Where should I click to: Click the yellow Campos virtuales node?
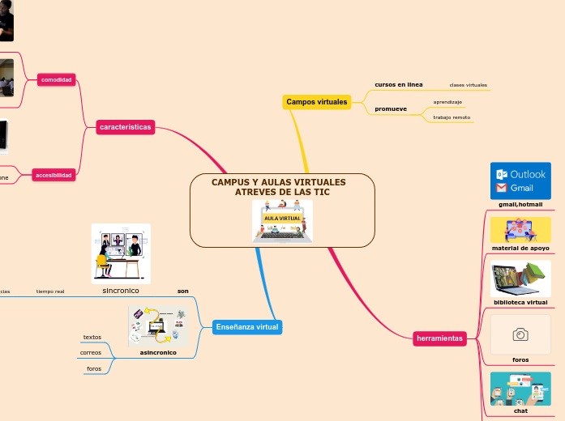pyautogui.click(x=316, y=102)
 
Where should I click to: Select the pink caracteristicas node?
pyautogui.click(x=125, y=127)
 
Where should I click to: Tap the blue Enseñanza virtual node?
pyautogui.click(x=246, y=327)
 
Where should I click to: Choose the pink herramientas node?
pyautogui.click(x=439, y=338)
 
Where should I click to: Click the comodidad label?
pyautogui.click(x=57, y=79)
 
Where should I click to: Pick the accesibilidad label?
pyautogui.click(x=54, y=175)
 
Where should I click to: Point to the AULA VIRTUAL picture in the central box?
pyautogui.click(x=282, y=220)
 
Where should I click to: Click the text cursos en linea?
pyautogui.click(x=398, y=84)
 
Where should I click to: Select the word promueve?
pyautogui.click(x=391, y=108)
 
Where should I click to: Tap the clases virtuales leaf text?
pyautogui.click(x=469, y=85)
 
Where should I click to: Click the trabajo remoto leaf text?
pyautogui.click(x=452, y=117)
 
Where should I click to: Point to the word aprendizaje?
pyautogui.click(x=447, y=102)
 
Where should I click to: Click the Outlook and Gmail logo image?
pyautogui.click(x=520, y=181)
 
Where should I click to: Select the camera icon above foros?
pyautogui.click(x=520, y=334)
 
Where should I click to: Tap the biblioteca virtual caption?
pyautogui.click(x=520, y=302)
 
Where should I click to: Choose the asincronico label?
pyautogui.click(x=158, y=352)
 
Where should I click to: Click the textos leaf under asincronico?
pyautogui.click(x=92, y=337)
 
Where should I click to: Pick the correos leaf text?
pyautogui.click(x=91, y=353)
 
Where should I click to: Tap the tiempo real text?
pyautogui.click(x=50, y=291)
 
